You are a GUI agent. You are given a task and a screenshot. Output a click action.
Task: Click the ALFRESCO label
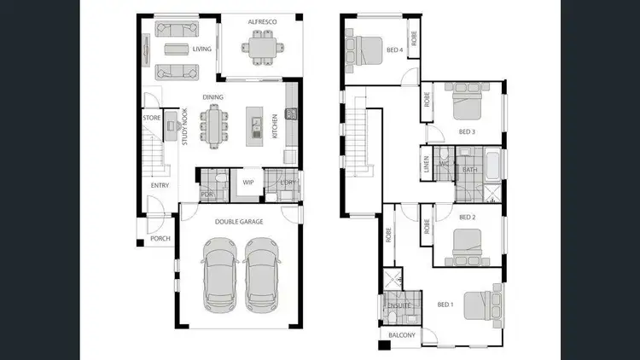tap(259, 20)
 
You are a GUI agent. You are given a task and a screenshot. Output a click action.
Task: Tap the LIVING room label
tap(201, 49)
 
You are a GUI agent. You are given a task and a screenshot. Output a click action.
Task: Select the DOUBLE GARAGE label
tap(239, 222)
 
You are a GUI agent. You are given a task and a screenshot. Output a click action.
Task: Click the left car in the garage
tap(220, 274)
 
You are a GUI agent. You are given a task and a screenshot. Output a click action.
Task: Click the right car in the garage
tap(263, 274)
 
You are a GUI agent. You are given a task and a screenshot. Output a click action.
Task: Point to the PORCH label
tap(160, 240)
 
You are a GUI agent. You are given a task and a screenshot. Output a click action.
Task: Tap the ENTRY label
tap(160, 185)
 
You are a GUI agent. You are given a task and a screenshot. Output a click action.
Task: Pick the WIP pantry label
tap(248, 183)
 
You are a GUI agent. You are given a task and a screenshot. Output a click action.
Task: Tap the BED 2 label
tap(467, 217)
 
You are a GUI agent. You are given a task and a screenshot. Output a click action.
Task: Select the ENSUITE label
tap(399, 305)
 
